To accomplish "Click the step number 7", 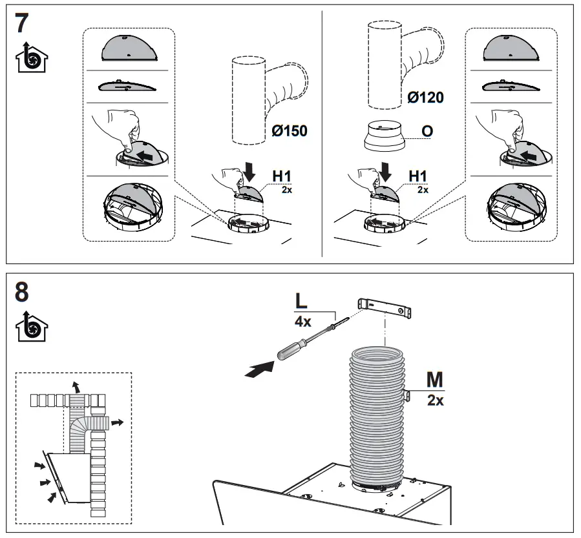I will pos(21,24).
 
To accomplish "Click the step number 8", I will pos(21,293).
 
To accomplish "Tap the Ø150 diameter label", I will pos(289,130).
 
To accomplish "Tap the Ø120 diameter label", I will pos(425,98).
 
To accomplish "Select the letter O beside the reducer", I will pos(427,131).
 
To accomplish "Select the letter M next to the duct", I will pos(435,378).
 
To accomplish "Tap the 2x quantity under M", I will pos(435,400).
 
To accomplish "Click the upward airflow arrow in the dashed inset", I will pos(78,387).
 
